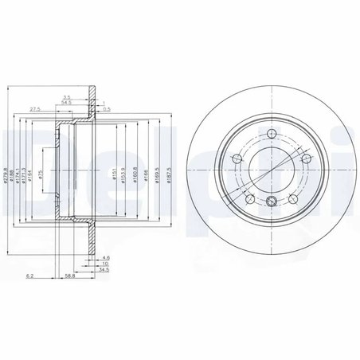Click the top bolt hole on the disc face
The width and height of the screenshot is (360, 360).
(x=272, y=132)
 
